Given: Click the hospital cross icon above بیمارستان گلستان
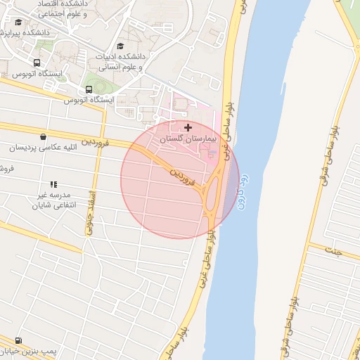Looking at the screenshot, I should pos(187,127).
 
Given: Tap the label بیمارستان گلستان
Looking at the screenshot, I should pos(188,140).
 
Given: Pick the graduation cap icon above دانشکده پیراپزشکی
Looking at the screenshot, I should pos(18,22).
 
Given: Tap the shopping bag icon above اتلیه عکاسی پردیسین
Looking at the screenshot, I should pos(44,136).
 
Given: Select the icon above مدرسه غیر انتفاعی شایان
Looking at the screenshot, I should pos(54,184).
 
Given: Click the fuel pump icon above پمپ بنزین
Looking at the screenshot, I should pos(18,340).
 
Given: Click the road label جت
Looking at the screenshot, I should pos(337,251).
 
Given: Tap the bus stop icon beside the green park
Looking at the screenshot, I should pos(89,89).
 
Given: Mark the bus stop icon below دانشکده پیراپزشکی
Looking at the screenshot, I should pos(36,62).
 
